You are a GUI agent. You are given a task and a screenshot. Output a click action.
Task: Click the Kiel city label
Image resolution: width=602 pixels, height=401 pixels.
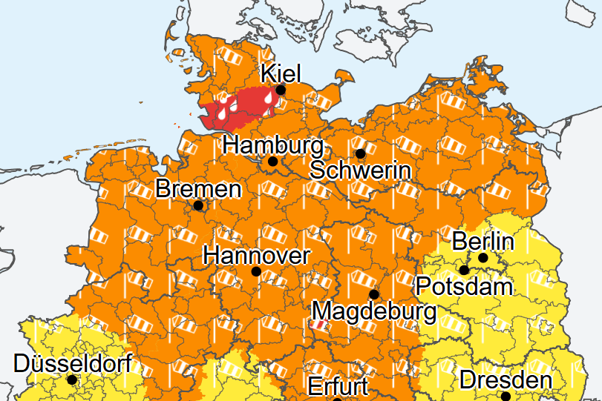(x=281, y=73)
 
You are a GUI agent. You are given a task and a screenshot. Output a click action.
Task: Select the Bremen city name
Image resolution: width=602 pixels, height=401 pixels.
(x=198, y=189)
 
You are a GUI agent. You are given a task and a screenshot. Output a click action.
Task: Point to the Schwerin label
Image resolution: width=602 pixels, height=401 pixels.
(x=361, y=170)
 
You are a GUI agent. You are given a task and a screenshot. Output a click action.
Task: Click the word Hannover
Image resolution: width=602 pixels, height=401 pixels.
(x=256, y=256)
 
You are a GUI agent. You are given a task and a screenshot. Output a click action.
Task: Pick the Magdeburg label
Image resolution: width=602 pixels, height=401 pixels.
(x=374, y=311)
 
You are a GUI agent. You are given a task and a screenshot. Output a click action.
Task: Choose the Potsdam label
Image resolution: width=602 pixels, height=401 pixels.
(x=464, y=285)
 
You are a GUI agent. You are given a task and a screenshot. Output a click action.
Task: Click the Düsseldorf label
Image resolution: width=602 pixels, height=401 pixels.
(x=73, y=363)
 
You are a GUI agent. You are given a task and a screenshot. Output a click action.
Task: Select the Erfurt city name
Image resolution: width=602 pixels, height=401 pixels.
(x=338, y=386)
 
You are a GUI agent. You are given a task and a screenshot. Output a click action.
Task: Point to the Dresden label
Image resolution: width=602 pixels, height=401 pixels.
(x=506, y=380)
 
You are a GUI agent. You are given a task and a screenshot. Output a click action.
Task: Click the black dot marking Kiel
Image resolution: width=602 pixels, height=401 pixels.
(x=281, y=90)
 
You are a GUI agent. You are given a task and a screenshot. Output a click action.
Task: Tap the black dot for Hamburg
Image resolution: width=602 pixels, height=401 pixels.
(x=272, y=161)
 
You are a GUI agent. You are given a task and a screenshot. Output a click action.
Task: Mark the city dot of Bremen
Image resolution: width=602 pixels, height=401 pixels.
(x=198, y=205)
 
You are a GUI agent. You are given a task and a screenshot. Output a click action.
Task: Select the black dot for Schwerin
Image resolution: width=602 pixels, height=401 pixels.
(x=360, y=153)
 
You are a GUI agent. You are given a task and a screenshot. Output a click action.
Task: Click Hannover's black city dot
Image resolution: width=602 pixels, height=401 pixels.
(x=256, y=272)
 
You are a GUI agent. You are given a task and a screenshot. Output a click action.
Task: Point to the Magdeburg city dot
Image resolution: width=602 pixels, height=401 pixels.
(x=374, y=294)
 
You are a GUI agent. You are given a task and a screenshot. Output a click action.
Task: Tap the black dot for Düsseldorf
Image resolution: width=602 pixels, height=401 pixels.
(x=72, y=380)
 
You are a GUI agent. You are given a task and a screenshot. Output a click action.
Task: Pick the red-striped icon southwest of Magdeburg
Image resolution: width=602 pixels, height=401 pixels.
(x=317, y=325)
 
